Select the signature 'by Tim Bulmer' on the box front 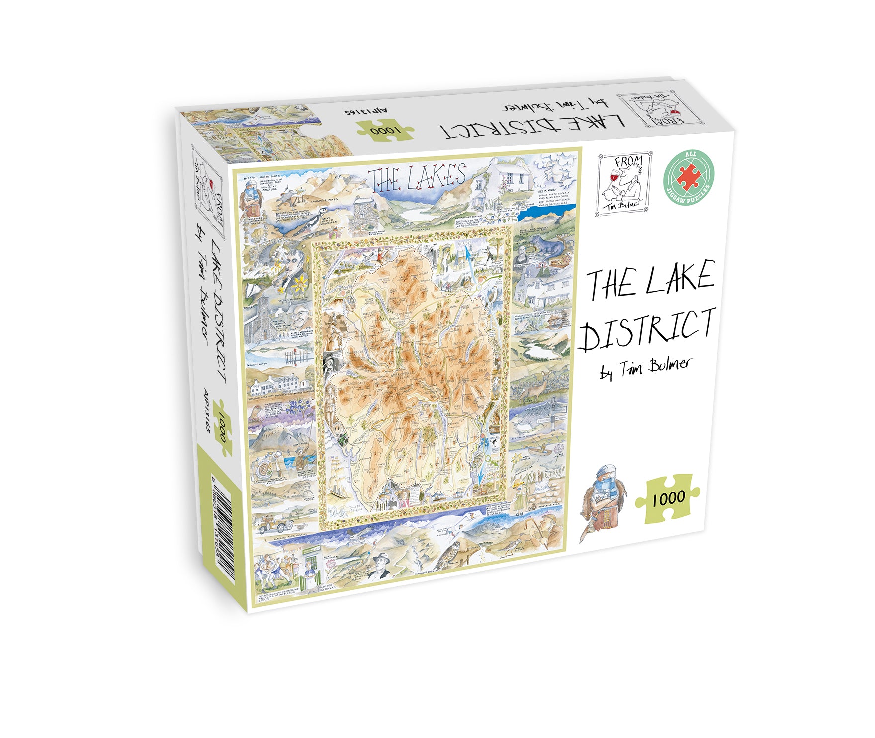[x=646, y=368]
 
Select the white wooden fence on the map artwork [x=299, y=356]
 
